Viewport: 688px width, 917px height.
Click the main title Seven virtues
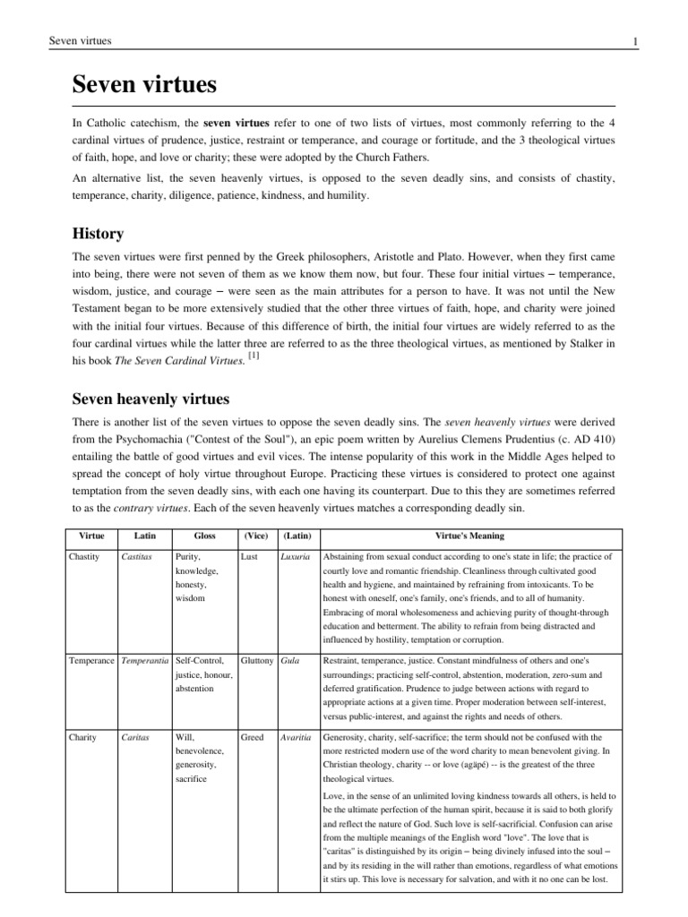(x=144, y=86)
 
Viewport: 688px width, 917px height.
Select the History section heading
(x=98, y=234)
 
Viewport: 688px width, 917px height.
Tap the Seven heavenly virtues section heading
(x=151, y=397)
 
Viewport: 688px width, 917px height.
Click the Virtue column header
(x=91, y=536)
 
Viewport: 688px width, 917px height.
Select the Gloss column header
(x=205, y=536)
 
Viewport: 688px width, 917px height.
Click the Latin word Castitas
(x=139, y=556)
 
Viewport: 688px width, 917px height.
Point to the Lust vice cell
(x=250, y=556)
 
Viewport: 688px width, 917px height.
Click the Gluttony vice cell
(x=257, y=660)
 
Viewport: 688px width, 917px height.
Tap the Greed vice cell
(x=253, y=737)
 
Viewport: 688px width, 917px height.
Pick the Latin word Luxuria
(x=294, y=556)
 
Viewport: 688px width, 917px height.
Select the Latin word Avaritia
(x=295, y=737)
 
